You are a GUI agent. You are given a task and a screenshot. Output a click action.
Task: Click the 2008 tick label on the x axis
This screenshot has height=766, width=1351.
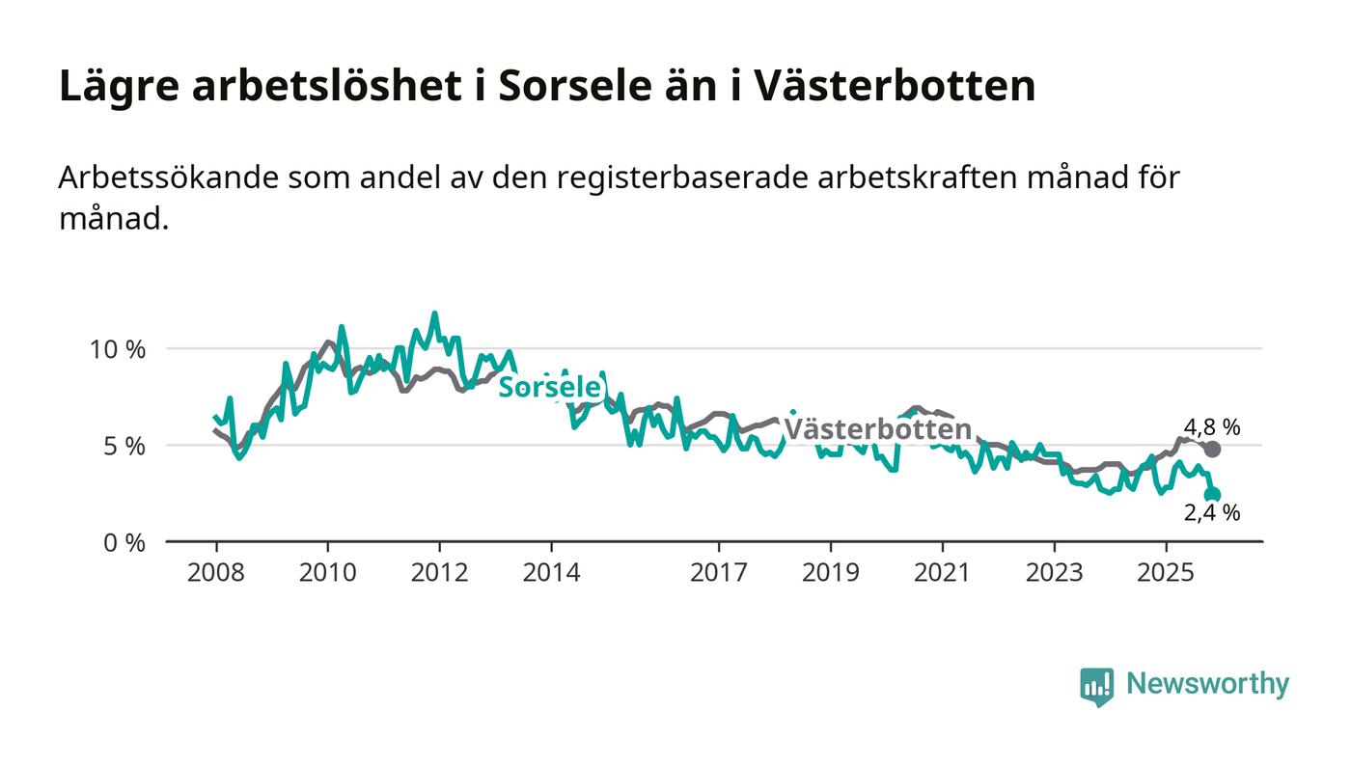(216, 573)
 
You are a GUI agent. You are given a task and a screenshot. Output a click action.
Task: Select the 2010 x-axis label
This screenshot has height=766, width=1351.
(328, 573)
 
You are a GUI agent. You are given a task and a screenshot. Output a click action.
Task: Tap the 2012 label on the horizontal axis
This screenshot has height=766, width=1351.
(439, 573)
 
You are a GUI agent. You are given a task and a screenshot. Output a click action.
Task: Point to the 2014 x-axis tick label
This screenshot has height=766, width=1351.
(551, 573)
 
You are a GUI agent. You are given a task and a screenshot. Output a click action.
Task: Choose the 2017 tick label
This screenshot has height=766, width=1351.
(719, 573)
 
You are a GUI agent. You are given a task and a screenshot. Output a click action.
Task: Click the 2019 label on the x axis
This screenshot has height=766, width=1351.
(831, 573)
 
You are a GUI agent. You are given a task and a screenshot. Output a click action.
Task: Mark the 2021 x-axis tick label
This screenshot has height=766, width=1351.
(942, 573)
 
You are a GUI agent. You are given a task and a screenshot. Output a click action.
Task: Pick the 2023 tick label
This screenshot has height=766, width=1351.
(1054, 573)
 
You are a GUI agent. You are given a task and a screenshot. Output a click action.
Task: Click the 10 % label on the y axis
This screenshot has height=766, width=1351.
(118, 349)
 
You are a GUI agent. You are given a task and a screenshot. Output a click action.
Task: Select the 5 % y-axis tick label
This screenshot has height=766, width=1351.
(124, 447)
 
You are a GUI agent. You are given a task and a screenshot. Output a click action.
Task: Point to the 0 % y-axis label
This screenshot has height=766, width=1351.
(124, 543)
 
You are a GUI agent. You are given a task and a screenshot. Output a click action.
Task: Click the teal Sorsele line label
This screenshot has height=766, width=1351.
(550, 388)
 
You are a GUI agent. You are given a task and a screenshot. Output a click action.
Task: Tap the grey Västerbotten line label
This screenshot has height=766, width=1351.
(876, 429)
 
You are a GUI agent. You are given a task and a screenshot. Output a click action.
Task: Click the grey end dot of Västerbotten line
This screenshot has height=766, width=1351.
(1213, 450)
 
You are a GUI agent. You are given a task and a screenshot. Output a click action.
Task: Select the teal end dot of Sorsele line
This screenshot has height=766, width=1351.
(1213, 495)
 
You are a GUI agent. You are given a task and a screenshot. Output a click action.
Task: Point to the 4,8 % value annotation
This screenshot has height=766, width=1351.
(1212, 427)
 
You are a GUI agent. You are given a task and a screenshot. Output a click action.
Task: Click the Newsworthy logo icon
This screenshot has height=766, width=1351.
(1096, 686)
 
